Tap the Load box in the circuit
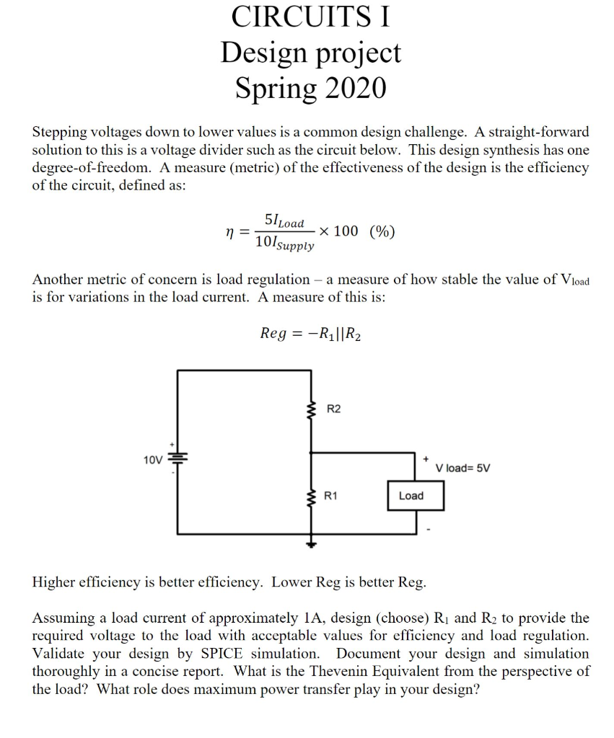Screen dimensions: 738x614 tap(411, 496)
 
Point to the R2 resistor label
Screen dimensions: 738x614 tap(334, 409)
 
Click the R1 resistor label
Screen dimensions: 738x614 tap(333, 496)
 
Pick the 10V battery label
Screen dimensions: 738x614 tap(153, 459)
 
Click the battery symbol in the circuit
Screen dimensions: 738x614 tap(177, 458)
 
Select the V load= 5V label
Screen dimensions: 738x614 tap(463, 468)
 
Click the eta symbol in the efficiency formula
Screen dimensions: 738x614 tap(229, 232)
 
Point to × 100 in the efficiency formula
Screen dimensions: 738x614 tap(338, 231)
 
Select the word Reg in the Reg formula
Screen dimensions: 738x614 tap(273, 333)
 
